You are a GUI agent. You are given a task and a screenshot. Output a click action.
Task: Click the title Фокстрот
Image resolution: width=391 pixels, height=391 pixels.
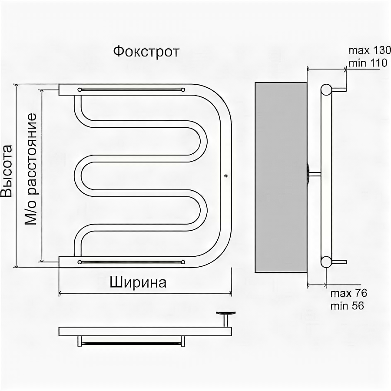pos(146,52)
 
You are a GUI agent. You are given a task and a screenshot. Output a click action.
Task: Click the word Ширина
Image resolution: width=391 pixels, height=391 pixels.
pos(138,283)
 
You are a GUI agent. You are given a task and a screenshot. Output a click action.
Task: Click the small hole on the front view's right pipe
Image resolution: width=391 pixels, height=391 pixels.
pos(226,176)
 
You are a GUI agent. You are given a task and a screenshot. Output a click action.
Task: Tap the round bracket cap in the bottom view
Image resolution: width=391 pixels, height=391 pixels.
pos(225,313)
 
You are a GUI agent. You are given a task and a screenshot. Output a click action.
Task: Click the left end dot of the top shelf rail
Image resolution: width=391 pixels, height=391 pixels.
pos(80,89)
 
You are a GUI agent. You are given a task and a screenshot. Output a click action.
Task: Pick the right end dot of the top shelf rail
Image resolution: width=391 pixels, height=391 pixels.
pos(183,89)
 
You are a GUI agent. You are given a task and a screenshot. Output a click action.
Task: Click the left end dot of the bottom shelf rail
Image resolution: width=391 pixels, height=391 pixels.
pos(80,262)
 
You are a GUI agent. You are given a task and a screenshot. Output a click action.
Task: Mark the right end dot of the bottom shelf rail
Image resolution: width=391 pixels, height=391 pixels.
pos(183,262)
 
